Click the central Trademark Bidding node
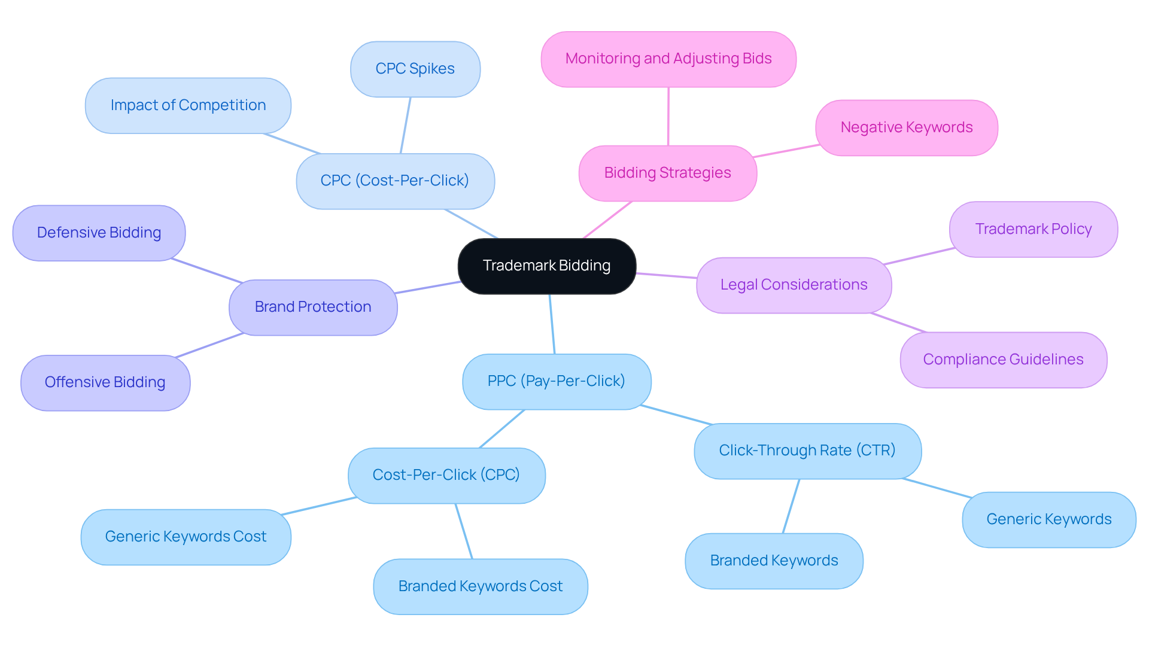(x=546, y=266)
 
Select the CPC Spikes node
(x=415, y=69)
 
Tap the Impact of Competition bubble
(x=188, y=105)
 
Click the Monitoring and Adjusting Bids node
(x=668, y=59)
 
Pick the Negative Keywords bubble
(x=906, y=127)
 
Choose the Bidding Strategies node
(x=667, y=173)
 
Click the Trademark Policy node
(x=1033, y=229)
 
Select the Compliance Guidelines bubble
(x=1003, y=360)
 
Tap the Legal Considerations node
(x=794, y=285)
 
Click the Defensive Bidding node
(x=99, y=233)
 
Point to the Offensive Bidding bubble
(x=105, y=382)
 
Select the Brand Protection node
(x=312, y=307)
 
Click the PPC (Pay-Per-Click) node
(x=556, y=381)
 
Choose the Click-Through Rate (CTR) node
(x=807, y=451)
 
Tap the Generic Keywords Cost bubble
(x=186, y=537)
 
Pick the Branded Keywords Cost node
(x=480, y=586)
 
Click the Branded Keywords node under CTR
(x=773, y=561)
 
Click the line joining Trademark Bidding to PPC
(x=552, y=324)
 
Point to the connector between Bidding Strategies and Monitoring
(x=668, y=117)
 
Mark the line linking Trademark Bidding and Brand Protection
(x=427, y=287)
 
